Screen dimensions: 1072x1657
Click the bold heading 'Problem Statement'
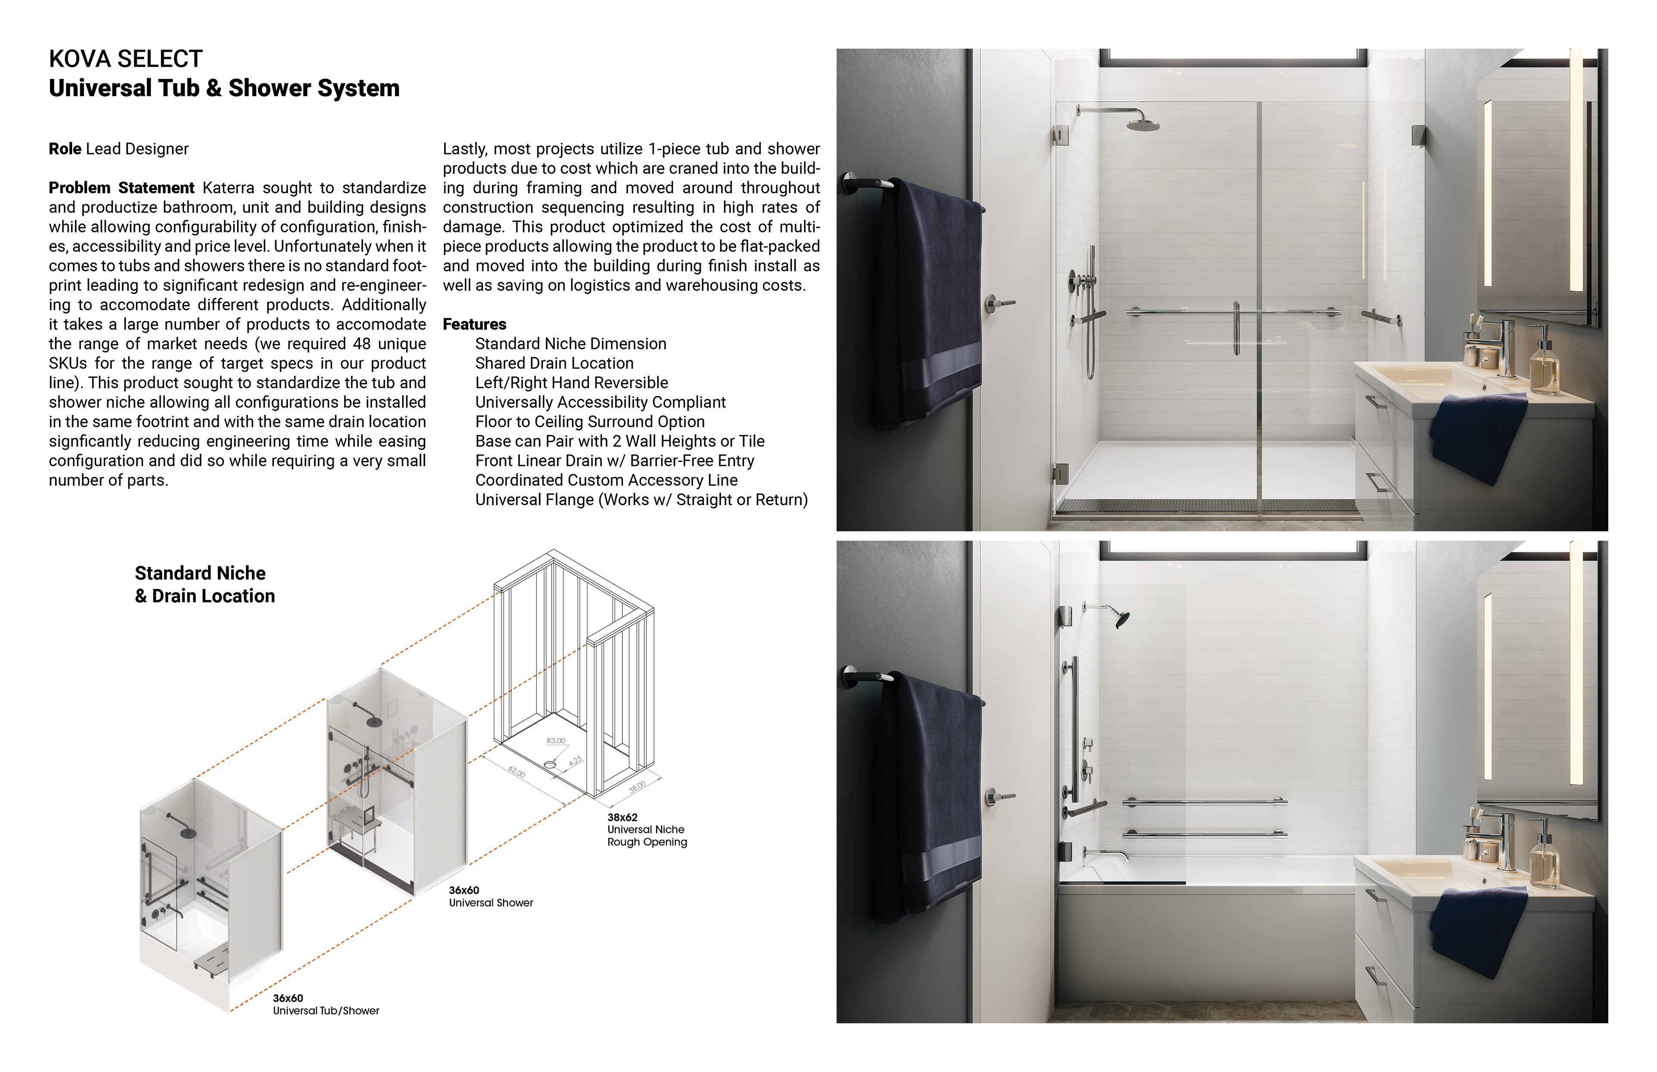[121, 188]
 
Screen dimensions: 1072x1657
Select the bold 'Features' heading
[474, 324]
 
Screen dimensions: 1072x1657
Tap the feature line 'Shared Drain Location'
[554, 363]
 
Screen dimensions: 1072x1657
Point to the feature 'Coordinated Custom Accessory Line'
[606, 480]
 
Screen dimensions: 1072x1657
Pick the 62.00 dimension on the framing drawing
[517, 771]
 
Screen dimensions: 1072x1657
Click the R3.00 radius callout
[556, 741]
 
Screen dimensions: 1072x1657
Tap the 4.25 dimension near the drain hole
[575, 761]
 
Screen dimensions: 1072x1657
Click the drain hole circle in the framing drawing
[550, 764]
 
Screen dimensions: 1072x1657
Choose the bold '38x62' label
[622, 817]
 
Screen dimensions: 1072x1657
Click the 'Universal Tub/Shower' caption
[326, 1011]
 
